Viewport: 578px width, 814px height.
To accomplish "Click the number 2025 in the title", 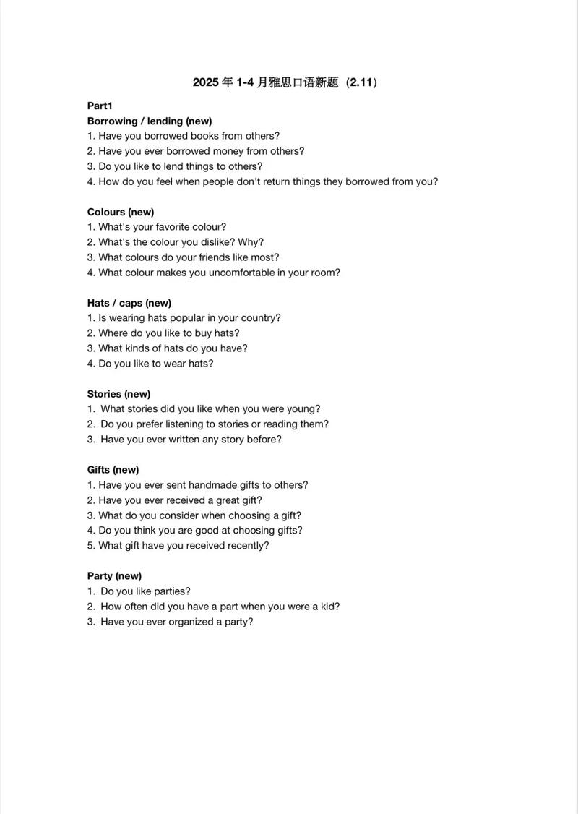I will [206, 82].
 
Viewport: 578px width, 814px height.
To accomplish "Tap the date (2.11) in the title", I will [361, 82].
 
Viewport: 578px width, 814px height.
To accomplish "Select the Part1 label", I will [100, 106].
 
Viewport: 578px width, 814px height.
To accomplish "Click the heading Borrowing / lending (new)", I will [150, 121].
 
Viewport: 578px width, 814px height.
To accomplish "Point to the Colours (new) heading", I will [121, 212].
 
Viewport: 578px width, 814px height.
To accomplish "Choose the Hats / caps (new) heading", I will [129, 303].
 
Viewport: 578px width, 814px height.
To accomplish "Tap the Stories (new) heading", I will [119, 394].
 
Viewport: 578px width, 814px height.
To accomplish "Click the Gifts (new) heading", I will [113, 470].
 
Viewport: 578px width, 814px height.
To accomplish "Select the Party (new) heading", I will [114, 576].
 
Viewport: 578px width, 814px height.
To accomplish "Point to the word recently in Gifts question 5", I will [248, 546].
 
